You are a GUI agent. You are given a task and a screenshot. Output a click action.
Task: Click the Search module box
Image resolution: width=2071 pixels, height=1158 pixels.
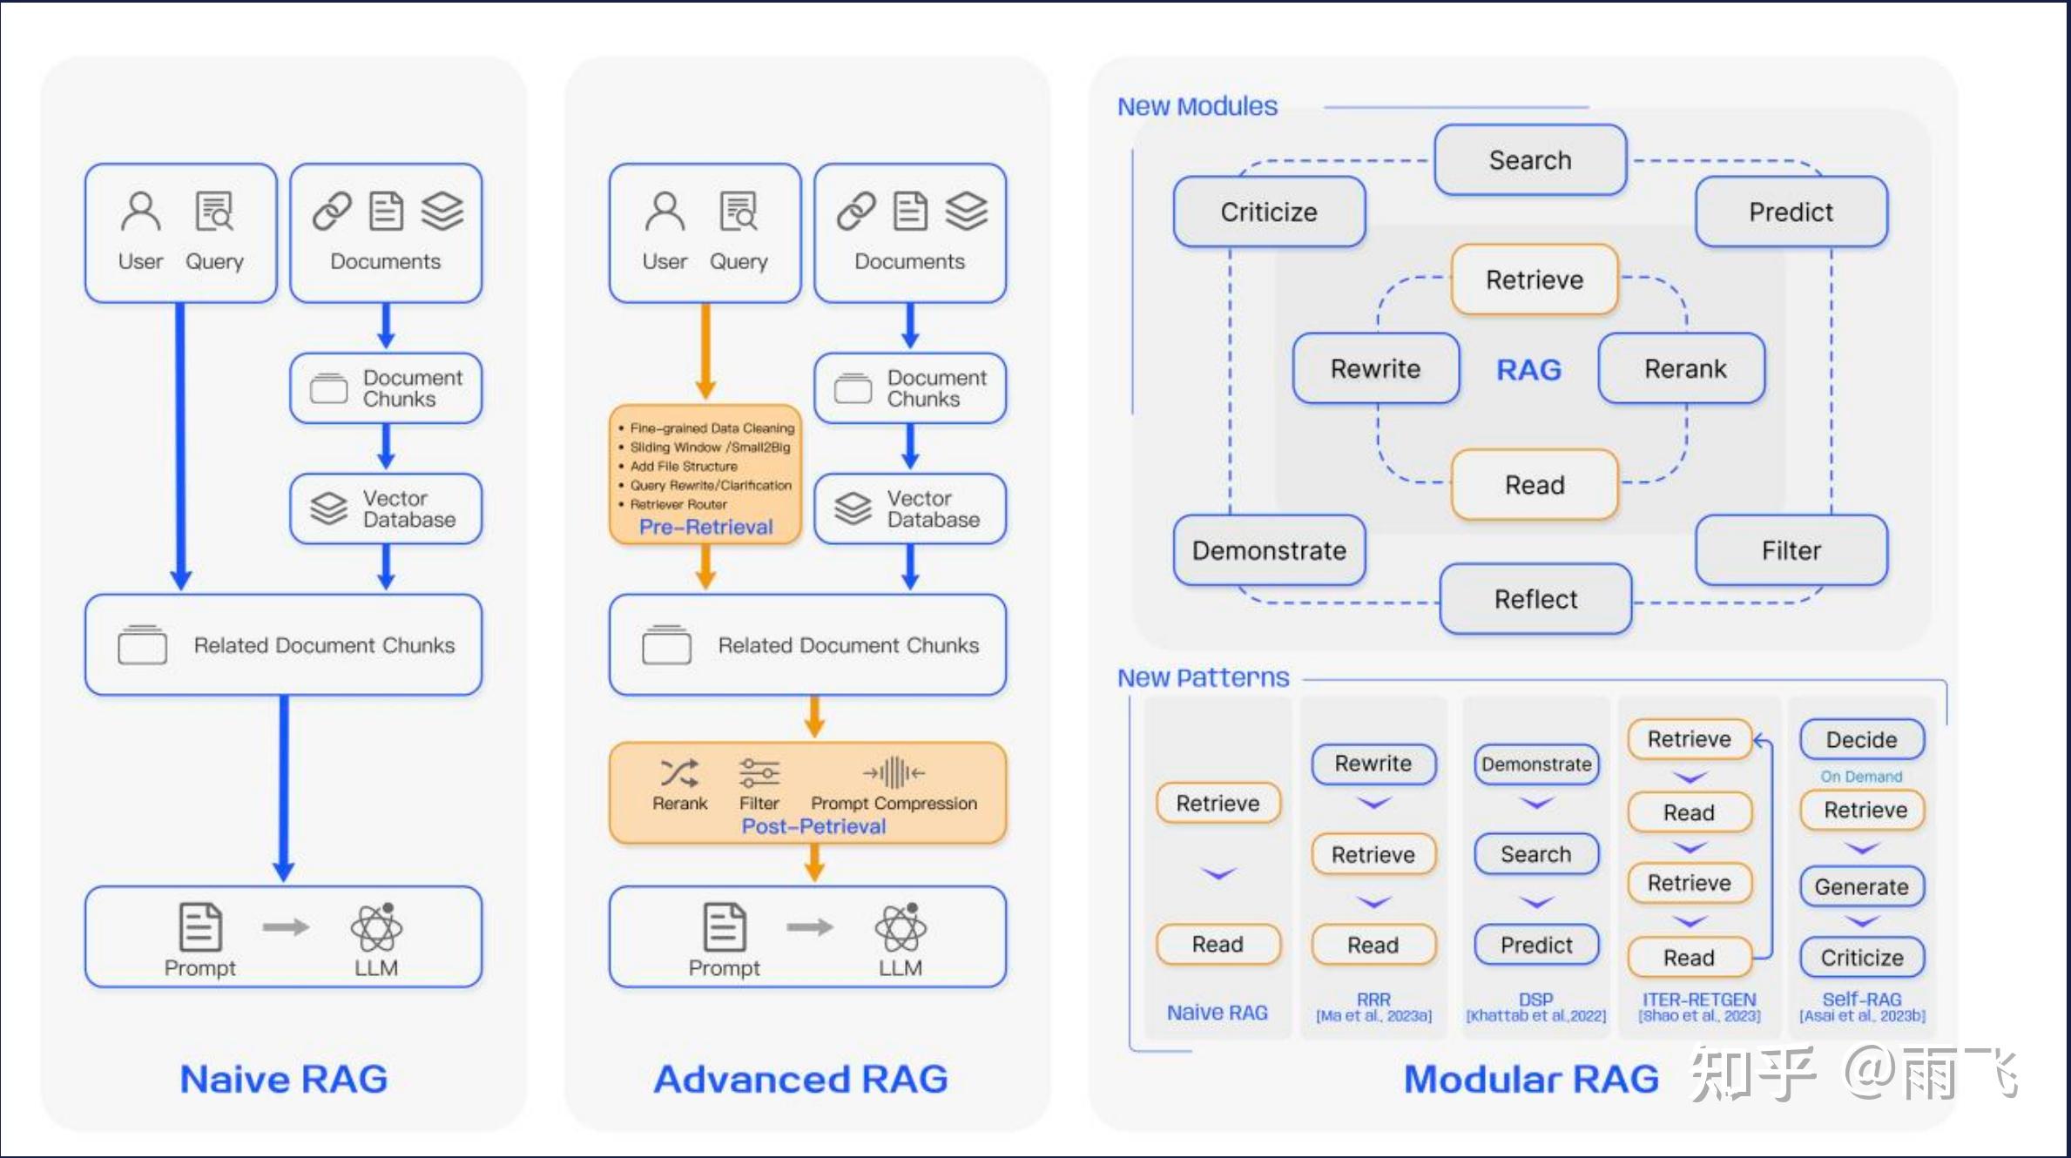(x=1530, y=160)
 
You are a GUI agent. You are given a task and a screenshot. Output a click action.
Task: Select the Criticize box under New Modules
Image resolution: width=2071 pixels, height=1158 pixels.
(x=1269, y=212)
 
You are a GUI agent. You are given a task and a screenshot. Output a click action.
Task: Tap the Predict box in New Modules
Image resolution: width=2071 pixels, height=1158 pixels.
(x=1791, y=212)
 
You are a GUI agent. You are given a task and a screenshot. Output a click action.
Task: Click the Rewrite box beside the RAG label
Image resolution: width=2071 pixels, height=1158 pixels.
(x=1375, y=368)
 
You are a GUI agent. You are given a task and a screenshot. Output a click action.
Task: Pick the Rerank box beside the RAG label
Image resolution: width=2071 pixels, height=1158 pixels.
(x=1685, y=368)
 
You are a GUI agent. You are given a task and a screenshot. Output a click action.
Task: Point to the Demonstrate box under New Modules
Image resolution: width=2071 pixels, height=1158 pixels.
(x=1269, y=550)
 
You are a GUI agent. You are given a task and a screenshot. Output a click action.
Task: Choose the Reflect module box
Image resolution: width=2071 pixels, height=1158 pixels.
(x=1535, y=599)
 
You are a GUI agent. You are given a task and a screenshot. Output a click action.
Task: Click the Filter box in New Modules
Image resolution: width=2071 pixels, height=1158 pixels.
(x=1791, y=550)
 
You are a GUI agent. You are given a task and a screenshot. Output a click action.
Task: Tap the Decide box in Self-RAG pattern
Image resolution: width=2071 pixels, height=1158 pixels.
(x=1862, y=739)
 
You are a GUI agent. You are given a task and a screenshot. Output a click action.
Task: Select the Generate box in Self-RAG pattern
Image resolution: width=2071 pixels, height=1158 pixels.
(x=1862, y=886)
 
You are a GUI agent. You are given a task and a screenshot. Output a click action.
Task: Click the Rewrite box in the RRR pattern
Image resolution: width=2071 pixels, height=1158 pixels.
(x=1373, y=764)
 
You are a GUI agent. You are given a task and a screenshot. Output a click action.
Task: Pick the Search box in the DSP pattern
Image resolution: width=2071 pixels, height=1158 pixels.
(x=1536, y=854)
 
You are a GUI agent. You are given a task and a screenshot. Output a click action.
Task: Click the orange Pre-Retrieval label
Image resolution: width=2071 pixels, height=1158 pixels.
(x=705, y=527)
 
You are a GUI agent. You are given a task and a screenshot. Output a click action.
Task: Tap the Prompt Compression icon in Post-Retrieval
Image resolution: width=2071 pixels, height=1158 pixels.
(x=894, y=772)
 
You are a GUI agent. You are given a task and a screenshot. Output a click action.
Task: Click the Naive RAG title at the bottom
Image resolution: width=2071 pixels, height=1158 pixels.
(x=284, y=1079)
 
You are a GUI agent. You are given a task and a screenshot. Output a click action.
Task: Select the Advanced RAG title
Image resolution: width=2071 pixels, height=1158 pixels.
(x=801, y=1079)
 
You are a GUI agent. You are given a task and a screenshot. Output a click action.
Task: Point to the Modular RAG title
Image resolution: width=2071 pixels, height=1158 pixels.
(x=1531, y=1079)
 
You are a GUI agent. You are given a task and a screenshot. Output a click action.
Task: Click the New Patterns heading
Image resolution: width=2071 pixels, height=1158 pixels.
(x=1203, y=677)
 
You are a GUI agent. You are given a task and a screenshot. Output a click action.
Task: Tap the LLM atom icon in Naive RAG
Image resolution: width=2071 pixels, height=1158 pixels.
(x=376, y=927)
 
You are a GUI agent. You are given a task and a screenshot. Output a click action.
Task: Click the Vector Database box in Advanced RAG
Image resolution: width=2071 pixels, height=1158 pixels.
(x=910, y=509)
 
